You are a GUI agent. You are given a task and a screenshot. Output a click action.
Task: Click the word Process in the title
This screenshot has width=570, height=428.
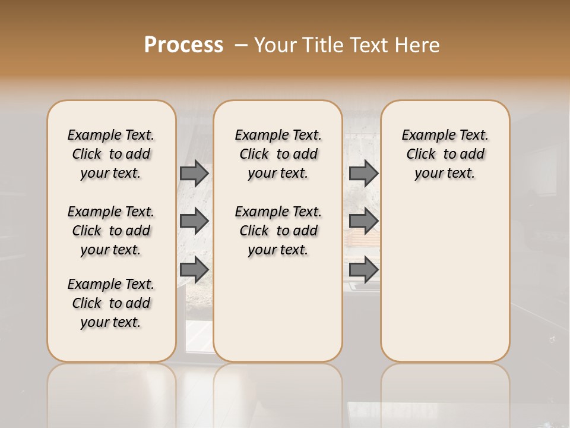pyautogui.click(x=183, y=45)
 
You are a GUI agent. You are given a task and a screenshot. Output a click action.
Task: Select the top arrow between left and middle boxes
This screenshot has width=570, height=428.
pyautogui.click(x=194, y=173)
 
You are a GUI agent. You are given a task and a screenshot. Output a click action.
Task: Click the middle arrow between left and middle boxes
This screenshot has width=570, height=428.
pyautogui.click(x=194, y=221)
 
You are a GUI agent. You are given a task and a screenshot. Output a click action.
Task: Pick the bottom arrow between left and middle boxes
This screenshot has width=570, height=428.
pyautogui.click(x=194, y=269)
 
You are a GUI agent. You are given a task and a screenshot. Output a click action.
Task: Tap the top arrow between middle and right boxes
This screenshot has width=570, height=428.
pyautogui.click(x=363, y=173)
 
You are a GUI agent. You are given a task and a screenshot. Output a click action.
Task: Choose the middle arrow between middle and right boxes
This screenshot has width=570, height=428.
pyautogui.click(x=363, y=221)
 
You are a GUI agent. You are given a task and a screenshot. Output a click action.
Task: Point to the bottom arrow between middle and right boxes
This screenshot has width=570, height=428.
pyautogui.click(x=363, y=269)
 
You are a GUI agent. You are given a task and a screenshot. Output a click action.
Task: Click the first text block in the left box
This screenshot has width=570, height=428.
pyautogui.click(x=111, y=154)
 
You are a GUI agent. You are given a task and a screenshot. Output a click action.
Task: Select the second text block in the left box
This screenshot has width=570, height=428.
pyautogui.click(x=111, y=231)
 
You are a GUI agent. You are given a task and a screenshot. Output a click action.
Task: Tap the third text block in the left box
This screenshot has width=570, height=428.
pyautogui.click(x=111, y=303)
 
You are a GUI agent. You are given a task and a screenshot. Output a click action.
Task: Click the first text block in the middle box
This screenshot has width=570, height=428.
pyautogui.click(x=278, y=154)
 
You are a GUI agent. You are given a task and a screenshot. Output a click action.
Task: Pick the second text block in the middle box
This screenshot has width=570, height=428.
pyautogui.click(x=278, y=231)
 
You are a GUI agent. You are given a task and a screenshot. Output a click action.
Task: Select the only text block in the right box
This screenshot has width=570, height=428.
pyautogui.click(x=445, y=154)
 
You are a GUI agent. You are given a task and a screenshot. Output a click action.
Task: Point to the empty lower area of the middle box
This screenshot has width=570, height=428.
pyautogui.click(x=278, y=309)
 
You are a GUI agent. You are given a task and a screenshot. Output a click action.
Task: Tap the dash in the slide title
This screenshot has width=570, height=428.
pyautogui.click(x=241, y=45)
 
